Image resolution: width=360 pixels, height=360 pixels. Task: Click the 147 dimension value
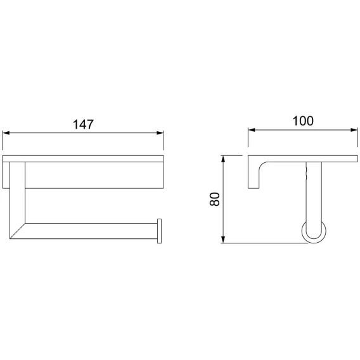point(83,124)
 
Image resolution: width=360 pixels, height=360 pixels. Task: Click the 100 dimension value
point(303,121)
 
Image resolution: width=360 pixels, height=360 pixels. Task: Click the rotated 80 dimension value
point(215,199)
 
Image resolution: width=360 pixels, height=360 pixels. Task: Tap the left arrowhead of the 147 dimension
point(6,133)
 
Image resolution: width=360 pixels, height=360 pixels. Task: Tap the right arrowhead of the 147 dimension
point(160,133)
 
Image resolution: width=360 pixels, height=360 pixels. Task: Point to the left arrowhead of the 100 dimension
point(252,130)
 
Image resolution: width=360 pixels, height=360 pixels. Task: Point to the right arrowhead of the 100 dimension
point(354,130)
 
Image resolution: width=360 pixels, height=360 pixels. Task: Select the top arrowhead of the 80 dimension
point(222,159)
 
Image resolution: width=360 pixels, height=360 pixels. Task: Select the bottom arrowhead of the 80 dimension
point(222,240)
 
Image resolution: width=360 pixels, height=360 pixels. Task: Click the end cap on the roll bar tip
point(159,231)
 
